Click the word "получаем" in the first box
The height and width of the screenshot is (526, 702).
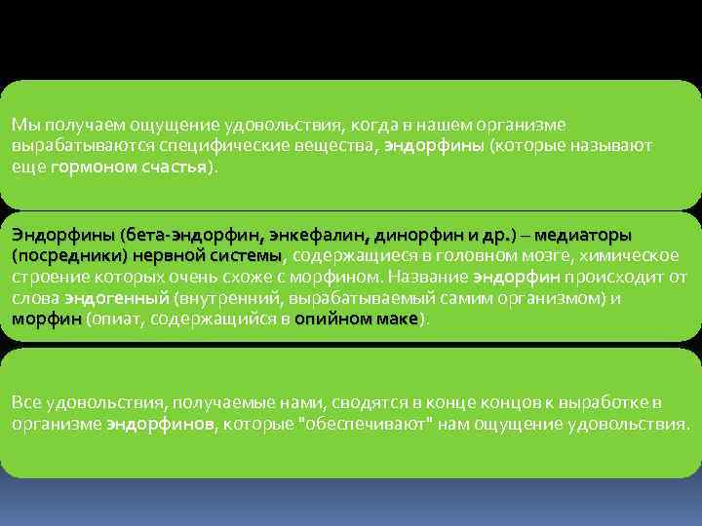(65, 124)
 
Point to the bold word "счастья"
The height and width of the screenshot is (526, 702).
(170, 167)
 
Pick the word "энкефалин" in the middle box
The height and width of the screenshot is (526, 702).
(314, 235)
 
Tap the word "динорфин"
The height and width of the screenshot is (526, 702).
(409, 235)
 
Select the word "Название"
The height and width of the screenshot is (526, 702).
(425, 277)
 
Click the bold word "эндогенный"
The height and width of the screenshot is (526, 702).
(117, 298)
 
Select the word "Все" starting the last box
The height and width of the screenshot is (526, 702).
(26, 401)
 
